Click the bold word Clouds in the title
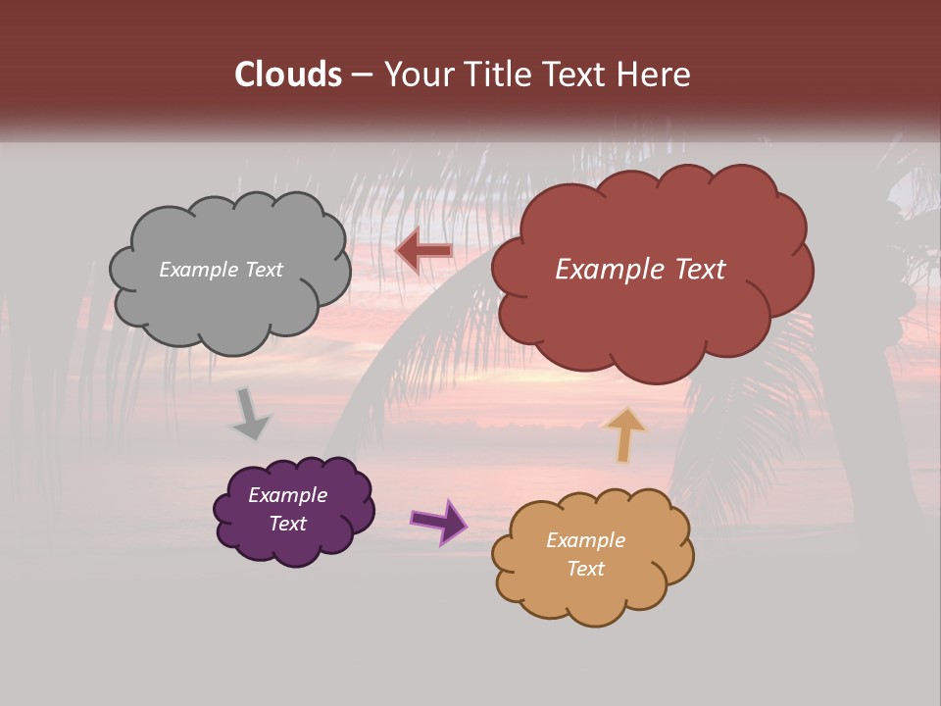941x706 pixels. coord(289,75)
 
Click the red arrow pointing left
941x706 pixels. coord(423,251)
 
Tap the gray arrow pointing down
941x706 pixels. coord(251,415)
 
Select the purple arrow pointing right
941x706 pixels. coord(439,521)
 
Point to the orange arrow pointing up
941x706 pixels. coord(624,434)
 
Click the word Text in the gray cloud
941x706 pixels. coord(264,270)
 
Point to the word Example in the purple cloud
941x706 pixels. coord(287,495)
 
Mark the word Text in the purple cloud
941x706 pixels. coord(287,524)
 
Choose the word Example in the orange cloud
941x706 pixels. coord(585,540)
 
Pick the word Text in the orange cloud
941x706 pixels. coord(585,569)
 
